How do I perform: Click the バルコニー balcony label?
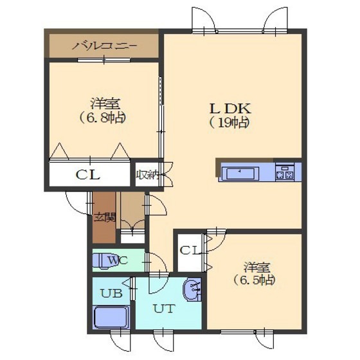click(x=104, y=46)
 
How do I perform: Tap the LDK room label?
click(x=230, y=109)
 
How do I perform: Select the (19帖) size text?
click(x=230, y=123)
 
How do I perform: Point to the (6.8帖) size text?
click(x=103, y=118)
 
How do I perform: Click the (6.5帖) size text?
click(x=255, y=280)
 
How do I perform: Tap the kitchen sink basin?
click(x=240, y=174)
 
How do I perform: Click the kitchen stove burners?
click(x=285, y=172)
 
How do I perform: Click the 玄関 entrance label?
click(x=105, y=217)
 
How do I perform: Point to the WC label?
click(x=118, y=260)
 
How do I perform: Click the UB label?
click(x=111, y=293)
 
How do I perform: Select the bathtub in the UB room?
click(x=111, y=318)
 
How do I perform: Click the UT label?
click(x=164, y=309)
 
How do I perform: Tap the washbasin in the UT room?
click(x=192, y=290)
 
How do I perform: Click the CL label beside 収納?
click(x=88, y=175)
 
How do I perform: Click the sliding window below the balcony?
click(x=104, y=60)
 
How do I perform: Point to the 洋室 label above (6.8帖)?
click(x=105, y=104)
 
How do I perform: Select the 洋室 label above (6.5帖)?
click(x=257, y=267)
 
